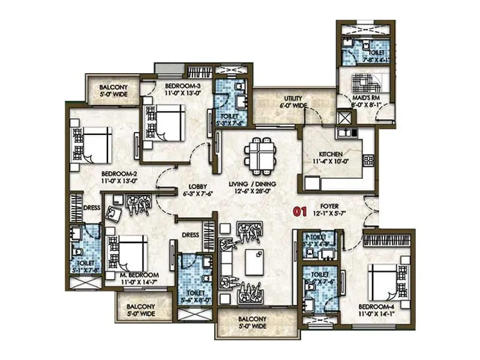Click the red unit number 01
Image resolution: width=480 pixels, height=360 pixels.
300,211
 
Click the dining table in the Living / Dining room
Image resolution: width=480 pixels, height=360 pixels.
259,154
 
